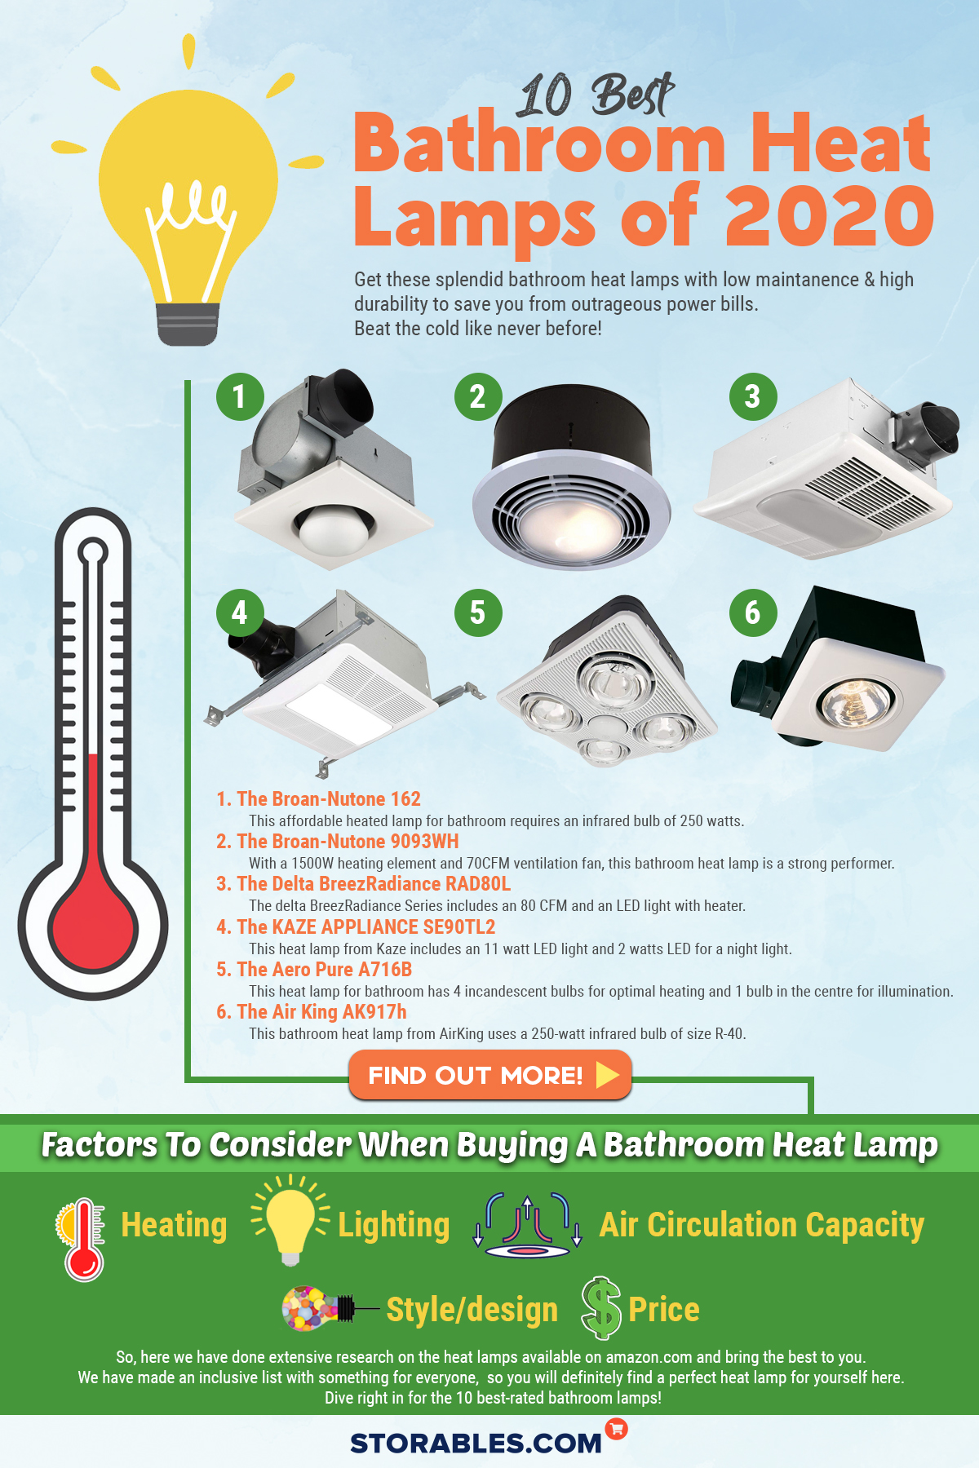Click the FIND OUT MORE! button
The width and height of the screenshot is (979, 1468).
[489, 1075]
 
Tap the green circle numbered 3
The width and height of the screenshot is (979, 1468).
[752, 397]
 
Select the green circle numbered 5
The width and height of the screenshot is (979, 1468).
[477, 612]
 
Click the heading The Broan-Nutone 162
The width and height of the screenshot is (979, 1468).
[318, 799]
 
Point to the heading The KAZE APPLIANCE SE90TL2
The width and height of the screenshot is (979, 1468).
[356, 927]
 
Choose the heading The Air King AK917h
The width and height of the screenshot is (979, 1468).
[312, 1012]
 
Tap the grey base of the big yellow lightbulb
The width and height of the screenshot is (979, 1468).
[188, 323]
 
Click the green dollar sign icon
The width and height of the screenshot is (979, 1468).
[601, 1308]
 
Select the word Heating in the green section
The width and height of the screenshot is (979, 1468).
[174, 1225]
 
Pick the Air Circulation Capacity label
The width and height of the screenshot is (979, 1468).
[761, 1225]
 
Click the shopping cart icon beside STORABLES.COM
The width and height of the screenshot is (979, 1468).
[617, 1428]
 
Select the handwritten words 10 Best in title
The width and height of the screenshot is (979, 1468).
[596, 95]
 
